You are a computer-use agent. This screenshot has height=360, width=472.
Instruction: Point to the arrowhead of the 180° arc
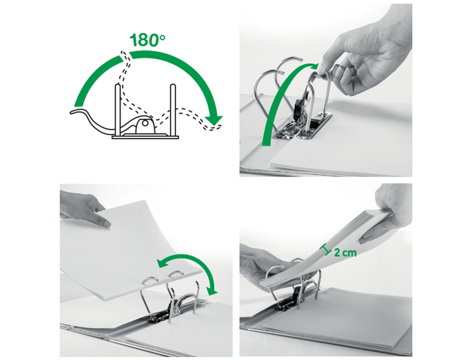click(216, 122)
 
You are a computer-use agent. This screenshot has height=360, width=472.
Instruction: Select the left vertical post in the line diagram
click(117, 110)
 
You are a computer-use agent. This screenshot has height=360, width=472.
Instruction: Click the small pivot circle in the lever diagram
click(144, 126)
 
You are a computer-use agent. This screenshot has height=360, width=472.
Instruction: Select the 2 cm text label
click(345, 252)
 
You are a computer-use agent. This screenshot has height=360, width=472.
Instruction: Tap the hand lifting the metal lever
click(366, 57)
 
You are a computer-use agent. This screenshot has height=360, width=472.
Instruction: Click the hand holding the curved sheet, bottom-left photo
click(85, 208)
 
